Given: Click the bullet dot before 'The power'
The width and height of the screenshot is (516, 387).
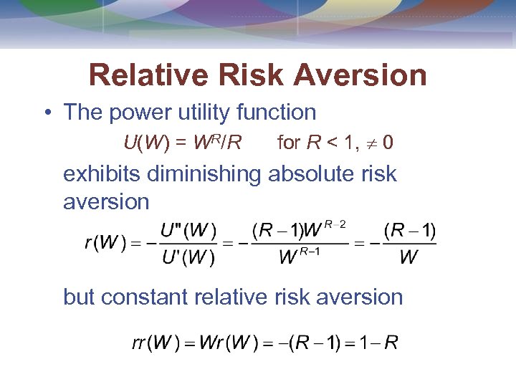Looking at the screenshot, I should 46,113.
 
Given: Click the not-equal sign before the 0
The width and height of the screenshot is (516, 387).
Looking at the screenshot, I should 371,143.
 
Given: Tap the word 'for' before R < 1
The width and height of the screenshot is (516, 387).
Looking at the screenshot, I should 288,143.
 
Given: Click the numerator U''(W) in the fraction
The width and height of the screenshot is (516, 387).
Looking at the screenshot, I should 188,231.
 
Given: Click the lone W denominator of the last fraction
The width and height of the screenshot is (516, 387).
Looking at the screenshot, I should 408,258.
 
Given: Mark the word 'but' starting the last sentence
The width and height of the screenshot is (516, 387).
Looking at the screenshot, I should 79,297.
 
